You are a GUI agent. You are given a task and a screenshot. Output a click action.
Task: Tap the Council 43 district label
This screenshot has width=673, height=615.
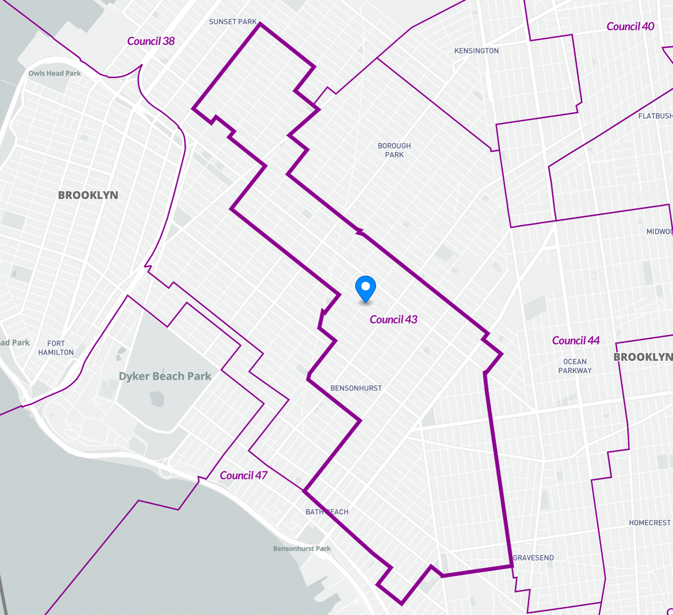(393, 319)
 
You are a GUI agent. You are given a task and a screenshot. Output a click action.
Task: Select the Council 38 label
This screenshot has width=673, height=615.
(151, 41)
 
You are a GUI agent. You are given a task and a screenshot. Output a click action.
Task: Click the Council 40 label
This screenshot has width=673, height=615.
(630, 26)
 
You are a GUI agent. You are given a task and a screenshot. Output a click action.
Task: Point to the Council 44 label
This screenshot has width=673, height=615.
(575, 341)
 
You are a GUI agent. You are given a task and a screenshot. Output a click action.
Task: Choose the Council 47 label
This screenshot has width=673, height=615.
(243, 475)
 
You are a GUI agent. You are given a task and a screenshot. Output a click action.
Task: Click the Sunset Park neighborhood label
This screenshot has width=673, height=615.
(232, 22)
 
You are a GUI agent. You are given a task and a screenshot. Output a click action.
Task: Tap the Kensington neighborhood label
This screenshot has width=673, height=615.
(476, 51)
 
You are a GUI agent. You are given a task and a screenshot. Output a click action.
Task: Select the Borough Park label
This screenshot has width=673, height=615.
(394, 150)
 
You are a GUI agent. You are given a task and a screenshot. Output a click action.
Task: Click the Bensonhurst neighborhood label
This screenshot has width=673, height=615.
(356, 388)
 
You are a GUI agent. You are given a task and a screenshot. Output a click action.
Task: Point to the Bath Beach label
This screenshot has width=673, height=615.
(326, 512)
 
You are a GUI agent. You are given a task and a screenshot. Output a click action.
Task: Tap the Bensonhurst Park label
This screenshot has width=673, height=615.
(302, 549)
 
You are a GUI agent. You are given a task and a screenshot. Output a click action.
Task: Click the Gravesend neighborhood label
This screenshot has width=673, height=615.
(533, 558)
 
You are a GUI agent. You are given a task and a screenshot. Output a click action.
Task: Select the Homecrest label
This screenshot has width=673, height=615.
(649, 523)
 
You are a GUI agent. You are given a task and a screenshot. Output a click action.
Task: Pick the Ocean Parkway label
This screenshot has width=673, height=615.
(574, 366)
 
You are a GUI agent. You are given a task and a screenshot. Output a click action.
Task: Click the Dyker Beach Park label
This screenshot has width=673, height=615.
(165, 376)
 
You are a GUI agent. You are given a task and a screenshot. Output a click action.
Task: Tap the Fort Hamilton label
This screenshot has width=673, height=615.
(56, 348)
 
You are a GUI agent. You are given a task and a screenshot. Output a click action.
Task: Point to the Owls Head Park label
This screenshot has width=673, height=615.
(54, 74)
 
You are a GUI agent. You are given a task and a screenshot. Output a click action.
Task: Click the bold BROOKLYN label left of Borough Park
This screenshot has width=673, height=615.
(88, 195)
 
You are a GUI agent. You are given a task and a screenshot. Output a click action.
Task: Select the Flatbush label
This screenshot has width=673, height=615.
(655, 116)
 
